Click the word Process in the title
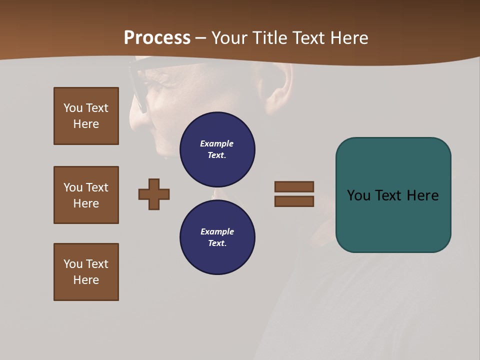pyautogui.click(x=157, y=38)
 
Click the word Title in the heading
pyautogui.click(x=270, y=38)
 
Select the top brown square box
pyautogui.click(x=86, y=116)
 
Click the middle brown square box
pyautogui.click(x=86, y=195)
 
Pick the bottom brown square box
pyautogui.click(x=86, y=272)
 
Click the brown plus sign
pyautogui.click(x=154, y=194)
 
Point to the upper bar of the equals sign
pyautogui.click(x=294, y=186)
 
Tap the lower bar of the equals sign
pyautogui.click(x=294, y=201)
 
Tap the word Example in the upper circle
pyautogui.click(x=217, y=143)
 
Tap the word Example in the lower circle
pyautogui.click(x=217, y=231)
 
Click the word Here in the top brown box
pyautogui.click(x=86, y=124)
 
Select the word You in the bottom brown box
pyautogui.click(x=73, y=264)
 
